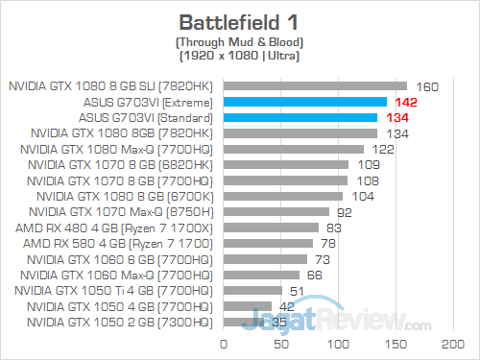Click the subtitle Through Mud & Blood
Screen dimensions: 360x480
coord(239,43)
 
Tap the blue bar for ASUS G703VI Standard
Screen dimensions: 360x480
coord(300,117)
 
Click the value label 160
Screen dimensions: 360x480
coord(427,86)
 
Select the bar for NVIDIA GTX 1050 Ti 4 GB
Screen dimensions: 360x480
coord(253,290)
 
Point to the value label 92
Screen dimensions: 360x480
coord(343,211)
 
